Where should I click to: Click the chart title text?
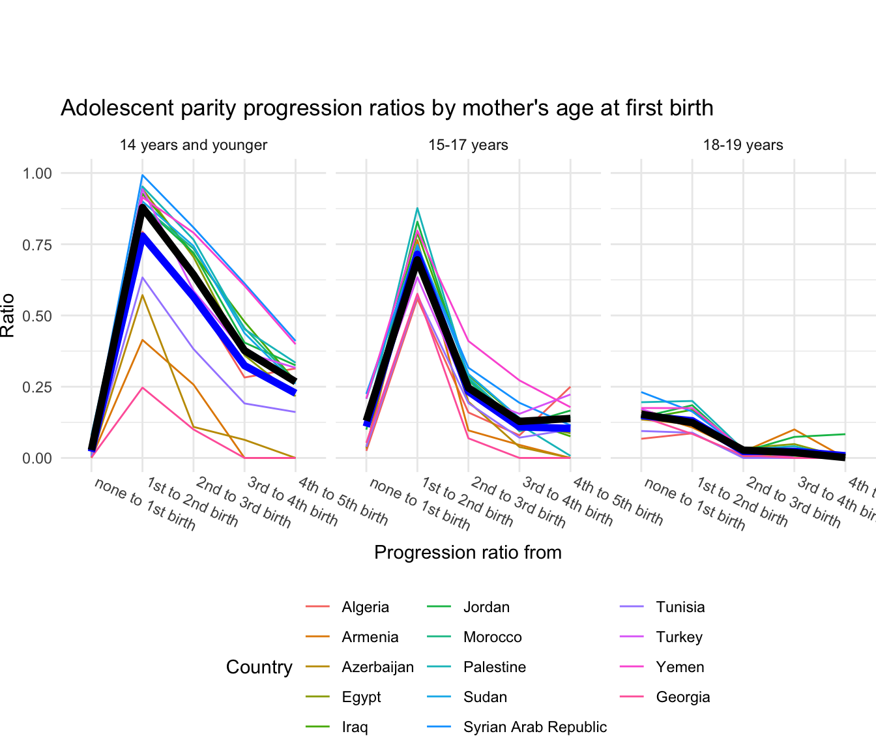(387, 108)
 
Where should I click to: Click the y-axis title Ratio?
(8, 316)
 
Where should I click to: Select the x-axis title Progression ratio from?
(467, 553)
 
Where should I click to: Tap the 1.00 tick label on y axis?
(36, 173)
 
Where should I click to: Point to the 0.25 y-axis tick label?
(36, 387)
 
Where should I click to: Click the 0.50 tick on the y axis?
(36, 316)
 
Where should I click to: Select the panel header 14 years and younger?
(193, 145)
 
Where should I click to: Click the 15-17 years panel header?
(468, 145)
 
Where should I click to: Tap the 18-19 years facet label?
(743, 145)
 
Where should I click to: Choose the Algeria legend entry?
(365, 608)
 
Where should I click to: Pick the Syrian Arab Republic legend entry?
(534, 728)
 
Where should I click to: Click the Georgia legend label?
(682, 698)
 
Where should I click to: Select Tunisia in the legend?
(680, 608)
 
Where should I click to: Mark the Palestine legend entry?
(494, 668)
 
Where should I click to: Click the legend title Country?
(259, 668)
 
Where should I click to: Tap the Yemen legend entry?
(680, 668)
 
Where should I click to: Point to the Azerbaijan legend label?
(377, 668)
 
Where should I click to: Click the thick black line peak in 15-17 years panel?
(417, 259)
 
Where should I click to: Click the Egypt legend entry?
(361, 698)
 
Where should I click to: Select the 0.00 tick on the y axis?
(36, 458)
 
